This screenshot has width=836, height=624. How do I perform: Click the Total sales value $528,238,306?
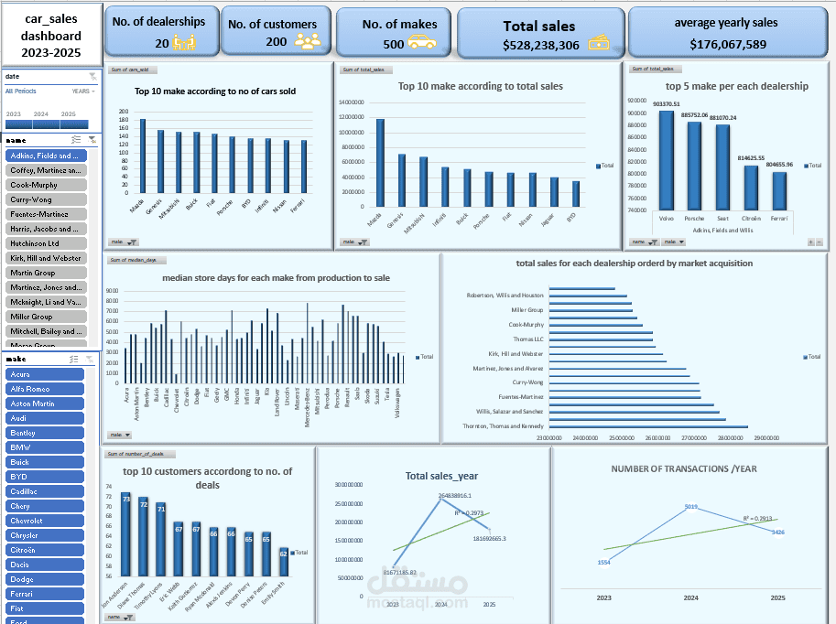(540, 45)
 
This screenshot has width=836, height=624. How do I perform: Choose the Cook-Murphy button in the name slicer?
(46, 185)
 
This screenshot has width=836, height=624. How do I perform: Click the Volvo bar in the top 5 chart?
(666, 160)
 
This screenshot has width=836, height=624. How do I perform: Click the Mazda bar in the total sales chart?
(380, 162)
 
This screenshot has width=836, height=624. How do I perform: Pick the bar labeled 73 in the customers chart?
(125, 534)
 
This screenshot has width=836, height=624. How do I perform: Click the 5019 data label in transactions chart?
(691, 506)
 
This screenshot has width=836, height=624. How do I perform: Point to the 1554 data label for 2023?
(603, 562)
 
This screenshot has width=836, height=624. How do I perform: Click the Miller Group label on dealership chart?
(527, 310)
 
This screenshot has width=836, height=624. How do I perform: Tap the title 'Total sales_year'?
(441, 476)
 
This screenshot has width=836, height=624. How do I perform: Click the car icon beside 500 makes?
(421, 42)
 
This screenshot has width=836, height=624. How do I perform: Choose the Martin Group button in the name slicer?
(46, 273)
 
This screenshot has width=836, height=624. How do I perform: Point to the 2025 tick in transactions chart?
(777, 597)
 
